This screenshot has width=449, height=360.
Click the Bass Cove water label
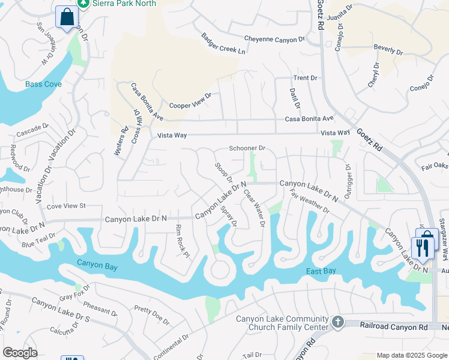(43, 85)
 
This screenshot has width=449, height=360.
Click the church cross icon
(338, 322)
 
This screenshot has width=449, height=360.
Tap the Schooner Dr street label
(247, 148)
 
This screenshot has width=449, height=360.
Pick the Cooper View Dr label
(191, 100)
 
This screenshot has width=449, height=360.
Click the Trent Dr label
(305, 78)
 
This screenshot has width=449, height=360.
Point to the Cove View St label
(66, 206)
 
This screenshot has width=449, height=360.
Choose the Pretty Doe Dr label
(152, 311)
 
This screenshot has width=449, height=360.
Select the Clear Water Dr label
(254, 208)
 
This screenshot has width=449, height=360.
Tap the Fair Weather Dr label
(309, 202)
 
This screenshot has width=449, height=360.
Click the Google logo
(20, 353)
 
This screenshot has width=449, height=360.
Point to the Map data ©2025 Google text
(411, 355)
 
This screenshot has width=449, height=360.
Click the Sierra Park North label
(125, 4)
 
